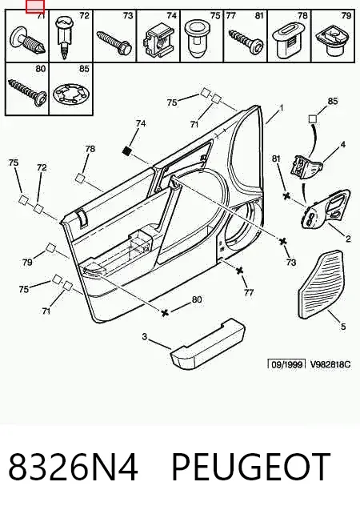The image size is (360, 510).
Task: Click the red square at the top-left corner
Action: pos(35,7)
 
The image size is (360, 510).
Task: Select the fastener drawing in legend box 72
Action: pos(65,38)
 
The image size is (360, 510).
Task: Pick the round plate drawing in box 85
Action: pos(70,94)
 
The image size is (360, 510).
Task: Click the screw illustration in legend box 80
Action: pos(27,91)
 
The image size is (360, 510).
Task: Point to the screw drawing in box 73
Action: pos(114,42)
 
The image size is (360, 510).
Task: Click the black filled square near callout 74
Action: pos(127,151)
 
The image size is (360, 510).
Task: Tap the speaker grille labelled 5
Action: pos(321,284)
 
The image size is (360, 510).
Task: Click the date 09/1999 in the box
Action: pos(286,365)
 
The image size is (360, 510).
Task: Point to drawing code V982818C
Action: pos(330,364)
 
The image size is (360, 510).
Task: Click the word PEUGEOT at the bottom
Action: pos(251,467)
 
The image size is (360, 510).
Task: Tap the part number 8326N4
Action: pos(73,467)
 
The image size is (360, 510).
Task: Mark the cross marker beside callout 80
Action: pos(165,312)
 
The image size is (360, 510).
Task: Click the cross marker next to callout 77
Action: pos(240,271)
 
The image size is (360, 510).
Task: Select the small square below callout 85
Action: pos(313,118)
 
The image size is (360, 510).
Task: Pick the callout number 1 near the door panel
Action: pos(282,107)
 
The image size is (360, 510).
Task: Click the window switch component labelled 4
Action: pos(306,166)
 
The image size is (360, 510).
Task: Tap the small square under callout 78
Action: pos(80,178)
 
